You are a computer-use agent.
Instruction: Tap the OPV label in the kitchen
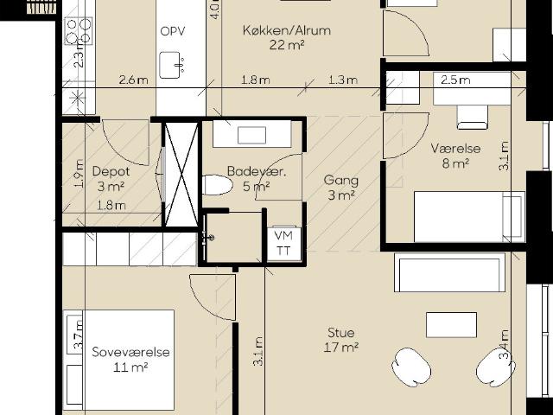173,31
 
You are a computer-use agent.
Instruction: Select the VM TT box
284,244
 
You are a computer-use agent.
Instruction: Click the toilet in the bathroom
218,185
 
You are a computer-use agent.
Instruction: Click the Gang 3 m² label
341,188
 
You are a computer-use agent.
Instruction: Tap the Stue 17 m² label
341,340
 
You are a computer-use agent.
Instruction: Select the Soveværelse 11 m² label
130,360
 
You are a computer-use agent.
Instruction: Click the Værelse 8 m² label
455,156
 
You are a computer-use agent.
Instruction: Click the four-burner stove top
79,31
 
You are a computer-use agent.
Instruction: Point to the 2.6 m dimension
133,80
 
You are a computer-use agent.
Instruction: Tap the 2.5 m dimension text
455,80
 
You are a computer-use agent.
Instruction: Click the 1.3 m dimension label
343,80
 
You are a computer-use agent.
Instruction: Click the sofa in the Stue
449,272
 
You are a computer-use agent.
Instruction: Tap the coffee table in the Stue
451,325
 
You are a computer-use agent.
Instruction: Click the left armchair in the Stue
411,367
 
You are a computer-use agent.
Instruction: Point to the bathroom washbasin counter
251,134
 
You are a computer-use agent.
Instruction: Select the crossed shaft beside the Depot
181,175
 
